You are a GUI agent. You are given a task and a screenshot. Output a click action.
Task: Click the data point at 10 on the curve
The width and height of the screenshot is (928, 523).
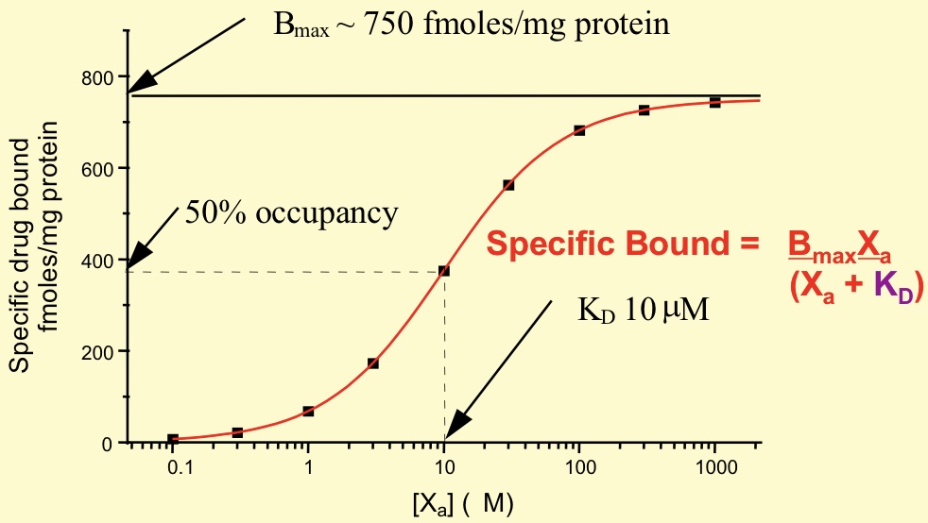tap(443, 271)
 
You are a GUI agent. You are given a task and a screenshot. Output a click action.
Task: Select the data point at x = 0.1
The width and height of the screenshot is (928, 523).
tap(173, 439)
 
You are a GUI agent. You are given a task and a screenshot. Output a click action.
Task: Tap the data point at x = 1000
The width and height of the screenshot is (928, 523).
tap(714, 102)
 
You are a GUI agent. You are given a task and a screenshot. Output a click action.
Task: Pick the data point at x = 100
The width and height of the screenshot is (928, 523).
tap(579, 130)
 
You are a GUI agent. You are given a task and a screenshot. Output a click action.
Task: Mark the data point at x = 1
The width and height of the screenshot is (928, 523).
tap(308, 412)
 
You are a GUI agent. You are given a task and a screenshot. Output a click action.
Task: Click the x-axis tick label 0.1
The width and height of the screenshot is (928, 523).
tap(173, 468)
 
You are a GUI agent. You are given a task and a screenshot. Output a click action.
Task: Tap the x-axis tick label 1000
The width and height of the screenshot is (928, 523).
tap(714, 468)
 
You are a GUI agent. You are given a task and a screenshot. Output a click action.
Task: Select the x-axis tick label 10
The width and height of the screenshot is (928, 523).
tap(443, 468)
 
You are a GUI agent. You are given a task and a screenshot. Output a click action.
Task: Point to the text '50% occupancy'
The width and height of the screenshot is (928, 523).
tap(291, 213)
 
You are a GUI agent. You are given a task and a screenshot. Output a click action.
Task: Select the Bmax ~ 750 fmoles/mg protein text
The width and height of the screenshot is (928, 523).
tap(472, 24)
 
